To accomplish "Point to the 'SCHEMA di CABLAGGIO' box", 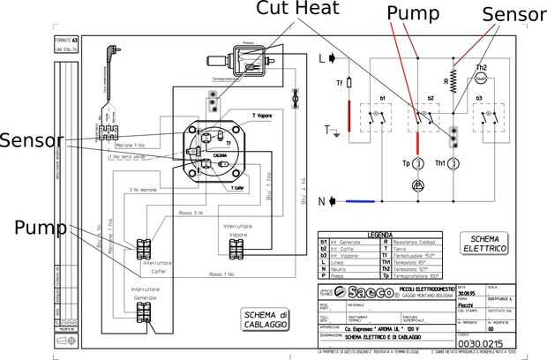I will [x=267, y=319].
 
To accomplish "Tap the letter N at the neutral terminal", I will [x=321, y=200].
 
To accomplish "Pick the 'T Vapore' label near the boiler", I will [x=238, y=116].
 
